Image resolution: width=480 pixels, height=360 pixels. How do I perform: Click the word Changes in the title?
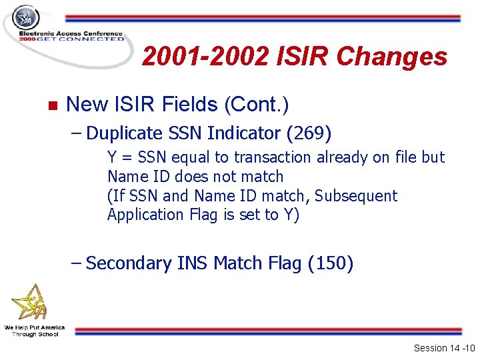tap(392, 57)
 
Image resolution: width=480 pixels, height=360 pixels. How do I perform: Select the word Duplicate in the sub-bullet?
tap(125, 133)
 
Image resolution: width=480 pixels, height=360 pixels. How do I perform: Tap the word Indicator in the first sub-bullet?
tap(244, 133)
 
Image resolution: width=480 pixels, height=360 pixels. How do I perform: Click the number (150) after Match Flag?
tap(331, 263)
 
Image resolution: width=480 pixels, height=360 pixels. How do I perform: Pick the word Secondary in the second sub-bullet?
tap(129, 263)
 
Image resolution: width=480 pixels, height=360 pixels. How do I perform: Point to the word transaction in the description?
tap(273, 158)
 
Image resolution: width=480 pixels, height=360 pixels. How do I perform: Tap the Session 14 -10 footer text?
tap(443, 348)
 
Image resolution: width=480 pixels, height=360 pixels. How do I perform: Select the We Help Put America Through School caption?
tap(34, 331)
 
